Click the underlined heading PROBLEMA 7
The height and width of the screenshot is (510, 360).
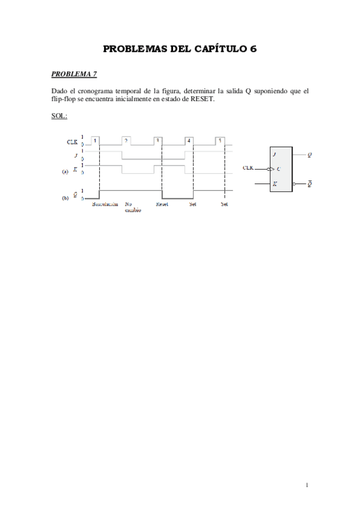74,74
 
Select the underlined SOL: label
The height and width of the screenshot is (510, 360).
59,115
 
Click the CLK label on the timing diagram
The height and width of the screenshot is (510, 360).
72,142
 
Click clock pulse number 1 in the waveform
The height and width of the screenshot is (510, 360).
95,140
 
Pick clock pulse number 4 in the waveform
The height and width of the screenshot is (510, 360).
189,140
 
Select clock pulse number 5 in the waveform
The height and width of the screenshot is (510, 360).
220,140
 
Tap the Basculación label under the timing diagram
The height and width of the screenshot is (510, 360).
105,204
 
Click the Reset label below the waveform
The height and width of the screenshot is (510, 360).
162,204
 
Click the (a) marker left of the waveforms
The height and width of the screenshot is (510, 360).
65,171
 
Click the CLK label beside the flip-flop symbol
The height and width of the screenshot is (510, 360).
248,168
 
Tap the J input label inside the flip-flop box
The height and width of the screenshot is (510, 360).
275,155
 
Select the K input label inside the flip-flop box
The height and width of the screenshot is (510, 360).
275,183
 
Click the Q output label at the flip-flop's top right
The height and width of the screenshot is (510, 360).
310,155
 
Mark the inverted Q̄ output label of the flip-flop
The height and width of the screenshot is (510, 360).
310,183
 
